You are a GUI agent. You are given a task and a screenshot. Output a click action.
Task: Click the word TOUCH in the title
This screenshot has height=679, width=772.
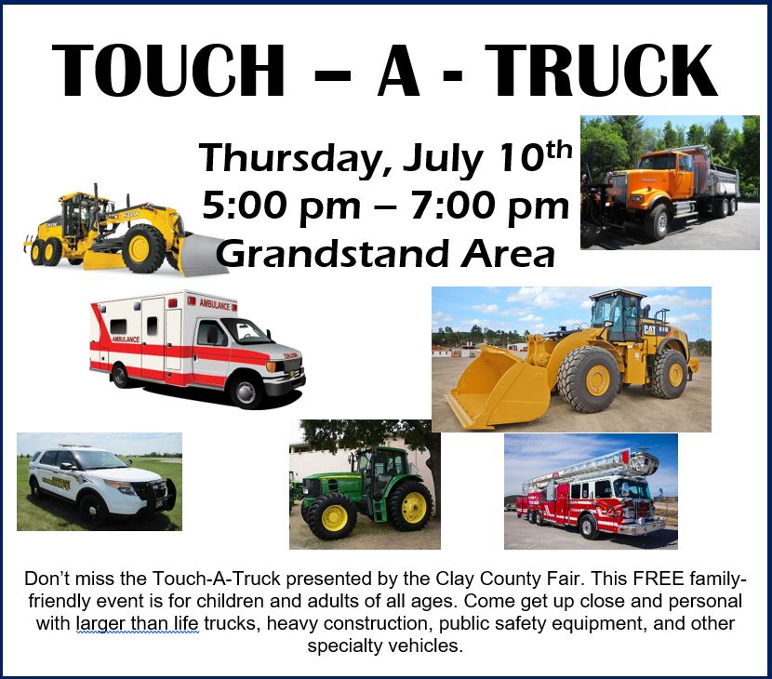[168, 71]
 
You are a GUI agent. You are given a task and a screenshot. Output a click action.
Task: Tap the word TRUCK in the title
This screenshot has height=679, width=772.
[604, 71]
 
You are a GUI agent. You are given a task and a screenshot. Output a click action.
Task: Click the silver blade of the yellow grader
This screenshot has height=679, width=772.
[202, 254]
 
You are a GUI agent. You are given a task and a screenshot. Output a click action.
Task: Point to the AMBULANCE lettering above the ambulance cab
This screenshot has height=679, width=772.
[215, 304]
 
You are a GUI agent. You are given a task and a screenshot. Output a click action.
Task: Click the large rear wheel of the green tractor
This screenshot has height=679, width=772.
[411, 506]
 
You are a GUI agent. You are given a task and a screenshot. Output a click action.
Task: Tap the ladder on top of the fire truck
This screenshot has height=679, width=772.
[591, 466]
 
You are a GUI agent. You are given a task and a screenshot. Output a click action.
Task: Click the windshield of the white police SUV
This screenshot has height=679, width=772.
[99, 459]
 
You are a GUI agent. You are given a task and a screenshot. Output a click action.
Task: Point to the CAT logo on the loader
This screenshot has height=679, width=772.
[650, 329]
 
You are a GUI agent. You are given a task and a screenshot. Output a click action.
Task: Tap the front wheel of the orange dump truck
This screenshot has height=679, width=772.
[658, 221]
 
